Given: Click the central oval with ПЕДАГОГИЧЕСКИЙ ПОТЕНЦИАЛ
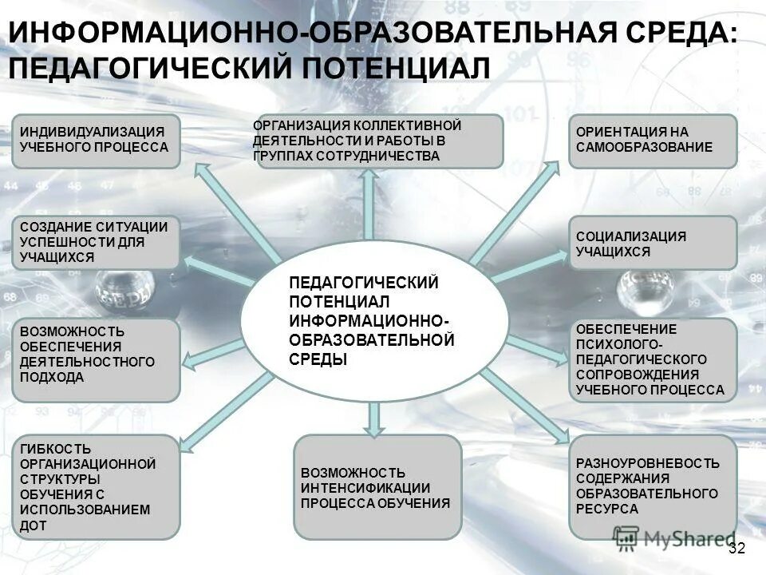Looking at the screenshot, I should pos(374,320).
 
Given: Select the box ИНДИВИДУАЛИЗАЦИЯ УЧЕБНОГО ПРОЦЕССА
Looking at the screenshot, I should pos(96,141).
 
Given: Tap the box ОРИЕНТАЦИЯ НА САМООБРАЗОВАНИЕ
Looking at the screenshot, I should pos(653,141).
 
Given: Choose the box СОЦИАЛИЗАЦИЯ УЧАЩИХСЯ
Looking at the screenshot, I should pos(653,243).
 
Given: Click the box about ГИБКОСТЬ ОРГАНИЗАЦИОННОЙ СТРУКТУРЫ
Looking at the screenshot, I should pos(96,486).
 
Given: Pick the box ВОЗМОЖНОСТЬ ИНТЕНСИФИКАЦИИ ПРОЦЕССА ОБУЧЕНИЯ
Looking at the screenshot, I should pos(377,487).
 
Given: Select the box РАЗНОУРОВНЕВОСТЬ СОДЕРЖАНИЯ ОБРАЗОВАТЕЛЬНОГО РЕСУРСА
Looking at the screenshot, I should pos(653,486).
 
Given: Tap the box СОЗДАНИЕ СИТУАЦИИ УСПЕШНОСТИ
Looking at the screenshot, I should pos(96,242).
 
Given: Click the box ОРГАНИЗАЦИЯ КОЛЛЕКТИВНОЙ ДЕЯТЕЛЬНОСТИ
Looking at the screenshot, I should pos(377,141).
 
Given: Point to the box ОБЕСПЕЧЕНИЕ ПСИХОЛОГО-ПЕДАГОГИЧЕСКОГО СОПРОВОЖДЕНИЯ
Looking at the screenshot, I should pos(653,359).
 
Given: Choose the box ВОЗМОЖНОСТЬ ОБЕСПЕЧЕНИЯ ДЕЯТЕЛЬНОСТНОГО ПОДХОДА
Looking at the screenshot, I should pos(96,359).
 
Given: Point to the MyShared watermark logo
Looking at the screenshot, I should pos(674,537).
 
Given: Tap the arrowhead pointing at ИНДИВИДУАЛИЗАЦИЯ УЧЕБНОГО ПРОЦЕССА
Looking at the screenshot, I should pos(203,171).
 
